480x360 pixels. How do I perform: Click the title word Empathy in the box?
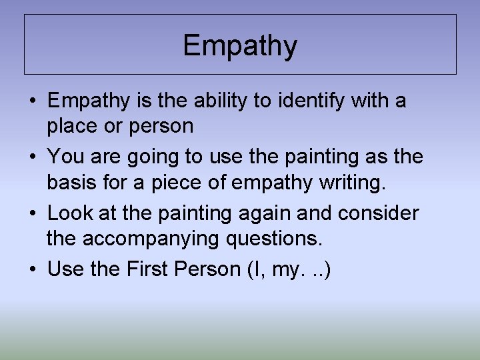coord(240,46)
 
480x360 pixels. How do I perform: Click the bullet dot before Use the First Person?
coord(33,269)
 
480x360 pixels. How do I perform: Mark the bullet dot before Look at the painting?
coord(33,213)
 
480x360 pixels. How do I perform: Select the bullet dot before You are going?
coord(33,157)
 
